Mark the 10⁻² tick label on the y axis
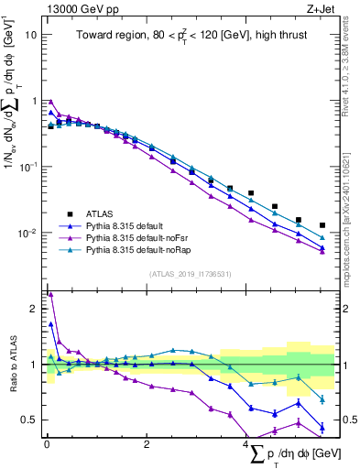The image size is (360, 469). tap(27, 234)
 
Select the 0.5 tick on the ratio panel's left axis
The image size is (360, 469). tap(29, 420)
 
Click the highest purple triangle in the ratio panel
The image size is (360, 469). tap(50, 295)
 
